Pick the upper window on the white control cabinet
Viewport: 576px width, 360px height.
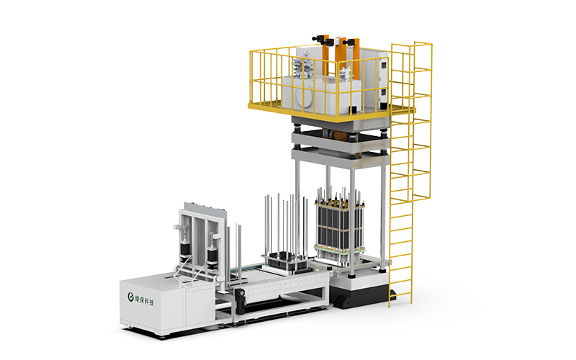coord(383,67)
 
